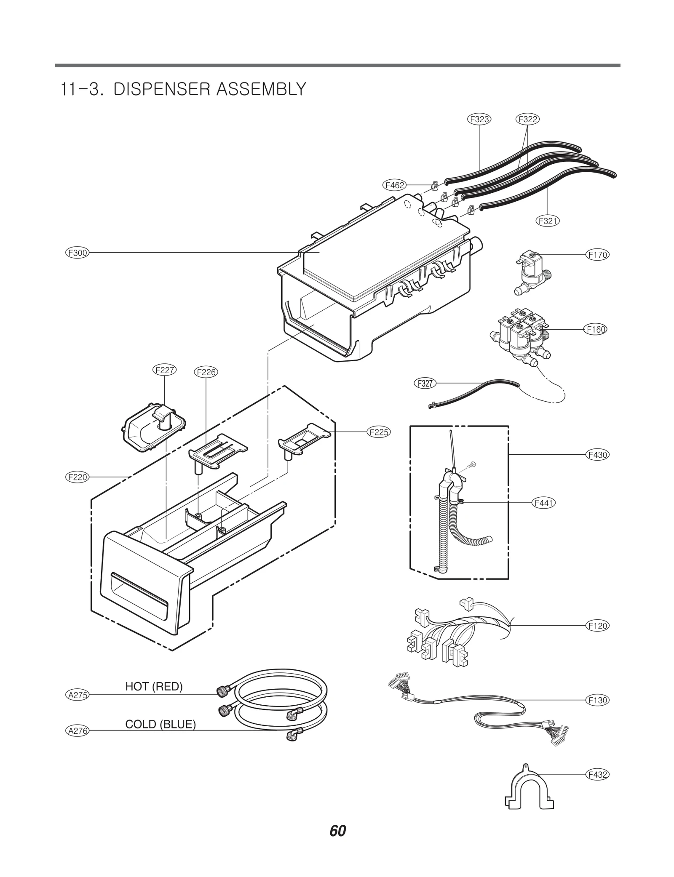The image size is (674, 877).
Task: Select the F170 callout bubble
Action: tap(597, 254)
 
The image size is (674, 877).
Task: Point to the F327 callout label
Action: tap(424, 383)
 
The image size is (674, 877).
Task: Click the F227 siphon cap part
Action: tap(153, 428)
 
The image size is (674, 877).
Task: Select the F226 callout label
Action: tap(206, 372)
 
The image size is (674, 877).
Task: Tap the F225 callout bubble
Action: tap(378, 432)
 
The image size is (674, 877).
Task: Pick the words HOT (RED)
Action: tap(154, 686)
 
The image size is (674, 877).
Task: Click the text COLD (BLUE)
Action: tap(160, 724)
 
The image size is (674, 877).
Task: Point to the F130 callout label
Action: tap(597, 700)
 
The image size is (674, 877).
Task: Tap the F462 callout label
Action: tap(394, 185)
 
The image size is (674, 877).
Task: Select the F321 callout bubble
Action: tap(548, 220)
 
